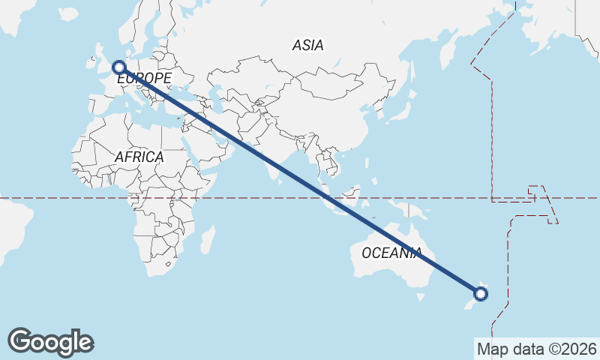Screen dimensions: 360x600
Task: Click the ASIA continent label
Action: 308,46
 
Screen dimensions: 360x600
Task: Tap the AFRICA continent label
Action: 139,157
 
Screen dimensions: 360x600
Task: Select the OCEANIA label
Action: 391,253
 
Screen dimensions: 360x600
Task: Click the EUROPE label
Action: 144,79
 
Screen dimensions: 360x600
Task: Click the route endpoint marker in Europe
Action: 118,68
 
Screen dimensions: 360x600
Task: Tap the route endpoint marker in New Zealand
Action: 481,293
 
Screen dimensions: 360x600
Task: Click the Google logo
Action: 50,342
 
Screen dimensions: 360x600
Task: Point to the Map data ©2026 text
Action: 537,349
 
